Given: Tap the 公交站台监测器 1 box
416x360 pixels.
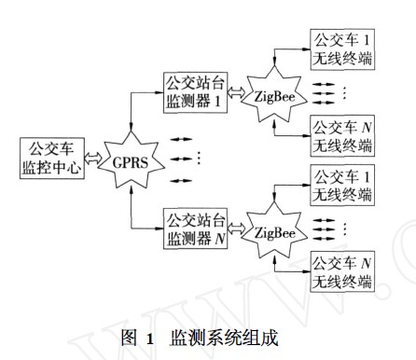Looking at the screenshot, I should point(195,92).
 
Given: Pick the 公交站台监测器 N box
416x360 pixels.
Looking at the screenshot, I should point(195,228).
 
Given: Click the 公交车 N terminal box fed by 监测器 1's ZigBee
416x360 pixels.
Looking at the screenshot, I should point(341,133).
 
